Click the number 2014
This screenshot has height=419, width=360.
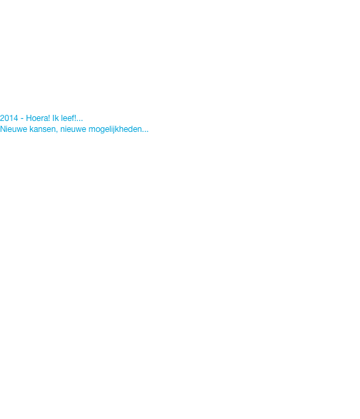pos(9,118)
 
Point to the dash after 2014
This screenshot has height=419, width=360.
pos(22,119)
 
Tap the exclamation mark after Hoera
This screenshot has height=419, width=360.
pos(49,118)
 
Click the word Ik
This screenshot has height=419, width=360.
pos(55,118)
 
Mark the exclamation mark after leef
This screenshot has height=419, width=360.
pos(76,118)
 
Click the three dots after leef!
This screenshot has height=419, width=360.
pos(80,120)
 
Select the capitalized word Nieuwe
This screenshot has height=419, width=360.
pos(14,129)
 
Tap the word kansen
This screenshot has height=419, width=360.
pos(43,129)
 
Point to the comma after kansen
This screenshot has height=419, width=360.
pos(57,132)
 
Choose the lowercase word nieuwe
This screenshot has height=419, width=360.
pos(73,129)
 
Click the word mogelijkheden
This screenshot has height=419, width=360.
pos(115,130)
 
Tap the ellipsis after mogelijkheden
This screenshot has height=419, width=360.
pos(145,131)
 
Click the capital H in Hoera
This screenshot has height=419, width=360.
pos(29,118)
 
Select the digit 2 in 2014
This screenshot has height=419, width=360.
pos(2,118)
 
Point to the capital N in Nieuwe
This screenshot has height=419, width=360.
pos(3,129)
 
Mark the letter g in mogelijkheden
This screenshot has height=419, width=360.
pos(102,130)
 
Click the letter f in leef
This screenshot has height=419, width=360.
pos(74,118)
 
